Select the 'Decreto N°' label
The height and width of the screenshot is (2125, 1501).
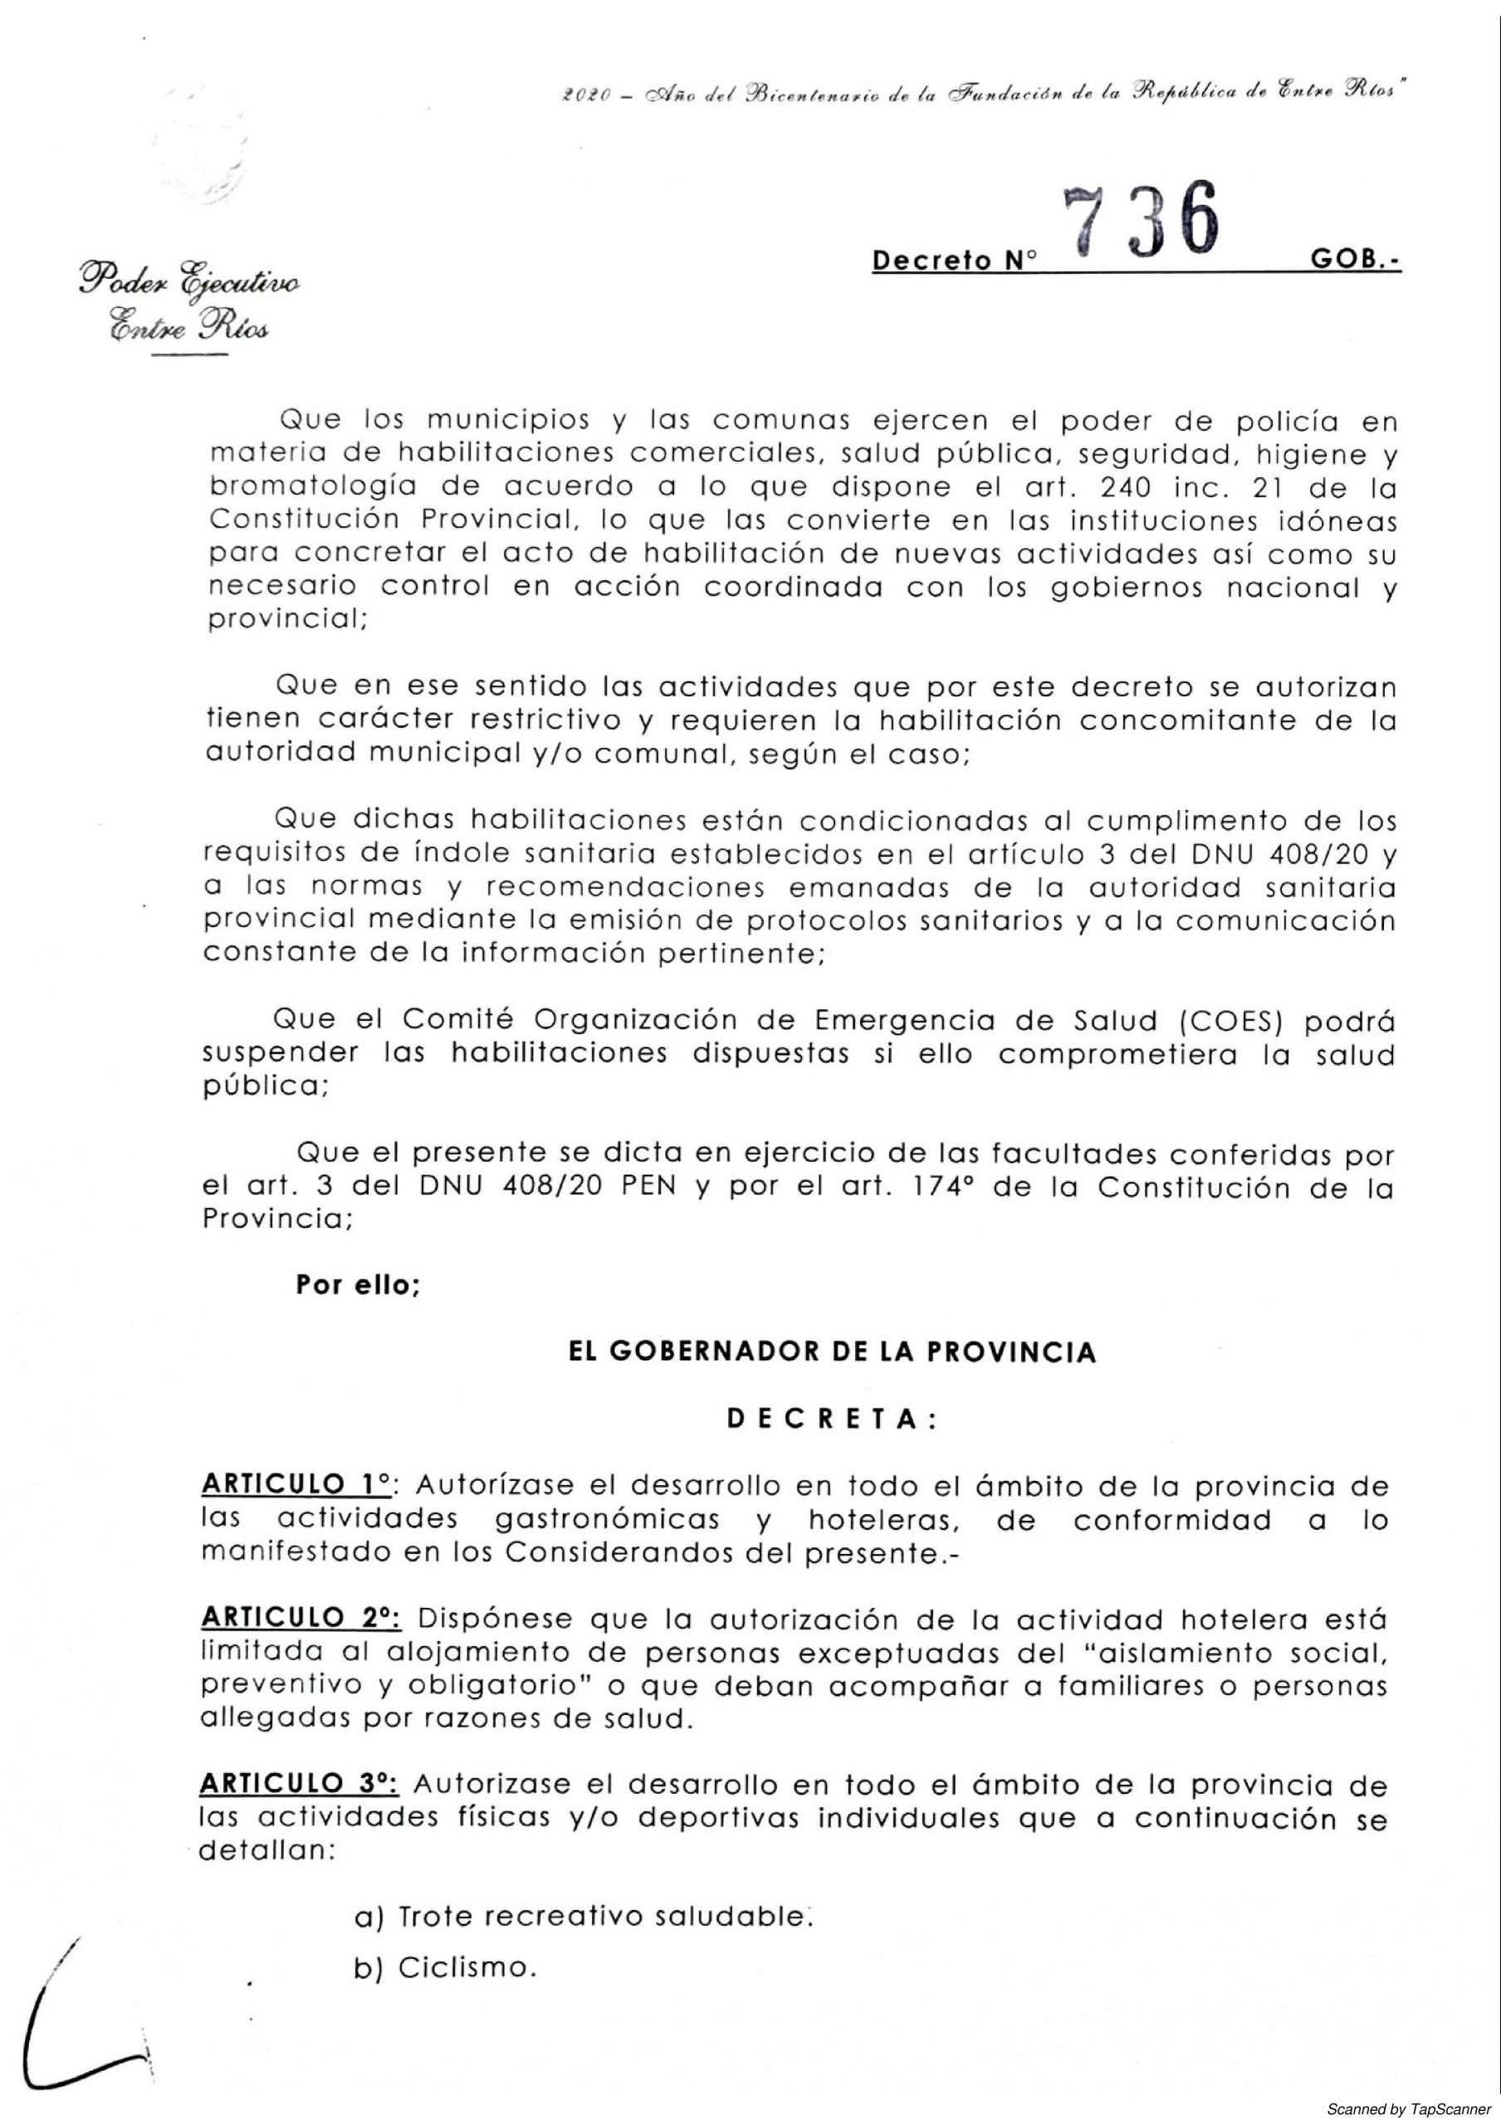coord(954,262)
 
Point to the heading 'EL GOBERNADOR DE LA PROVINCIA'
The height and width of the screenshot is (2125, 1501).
coord(831,1352)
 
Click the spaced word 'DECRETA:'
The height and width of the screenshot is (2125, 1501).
coord(832,1419)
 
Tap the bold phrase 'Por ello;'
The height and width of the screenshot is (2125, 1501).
coord(358,1286)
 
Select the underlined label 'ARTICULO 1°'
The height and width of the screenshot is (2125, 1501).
coord(296,1487)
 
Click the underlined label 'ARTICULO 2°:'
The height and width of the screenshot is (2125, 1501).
coord(301,1619)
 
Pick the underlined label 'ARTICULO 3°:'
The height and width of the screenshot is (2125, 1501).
coord(301,1782)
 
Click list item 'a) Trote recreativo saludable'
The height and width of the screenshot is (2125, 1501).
coord(583,1916)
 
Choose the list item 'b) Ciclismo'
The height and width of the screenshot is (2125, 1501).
coord(445,1967)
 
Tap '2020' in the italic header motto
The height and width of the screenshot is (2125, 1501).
coord(584,98)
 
